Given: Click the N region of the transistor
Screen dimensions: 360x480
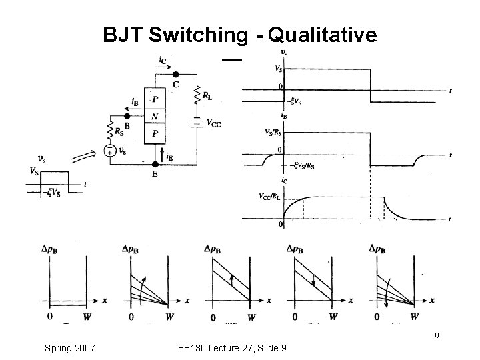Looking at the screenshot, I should point(155,115).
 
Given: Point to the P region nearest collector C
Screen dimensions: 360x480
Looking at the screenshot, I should point(155,100).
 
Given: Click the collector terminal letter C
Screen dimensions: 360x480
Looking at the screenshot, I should point(176,84).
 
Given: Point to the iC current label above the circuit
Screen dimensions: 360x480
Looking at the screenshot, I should point(163,60).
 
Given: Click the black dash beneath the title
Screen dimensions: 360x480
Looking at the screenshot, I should point(231,60).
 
